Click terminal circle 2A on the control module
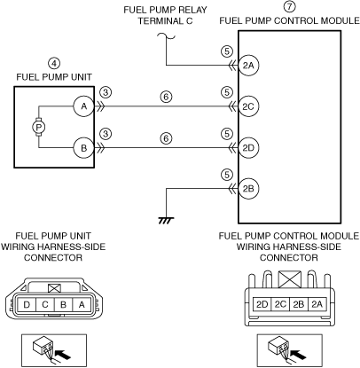[248, 66]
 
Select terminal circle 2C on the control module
[248, 106]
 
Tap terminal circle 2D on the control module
[248, 147]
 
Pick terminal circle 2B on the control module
[248, 189]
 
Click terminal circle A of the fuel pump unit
[84, 106]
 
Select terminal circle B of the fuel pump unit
[84, 147]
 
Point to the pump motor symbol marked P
[38, 128]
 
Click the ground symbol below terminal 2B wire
[166, 221]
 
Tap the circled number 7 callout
[289, 7]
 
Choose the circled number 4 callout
[54, 63]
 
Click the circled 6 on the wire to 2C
[167, 97]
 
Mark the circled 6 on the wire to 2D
[167, 138]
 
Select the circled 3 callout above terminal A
[106, 92]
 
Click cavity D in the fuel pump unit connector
[27, 304]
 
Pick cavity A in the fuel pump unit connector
[82, 304]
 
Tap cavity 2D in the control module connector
[262, 304]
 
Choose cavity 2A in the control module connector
[317, 304]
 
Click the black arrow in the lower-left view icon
[64, 354]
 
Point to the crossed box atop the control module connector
[290, 279]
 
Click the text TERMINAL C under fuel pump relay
[166, 21]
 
